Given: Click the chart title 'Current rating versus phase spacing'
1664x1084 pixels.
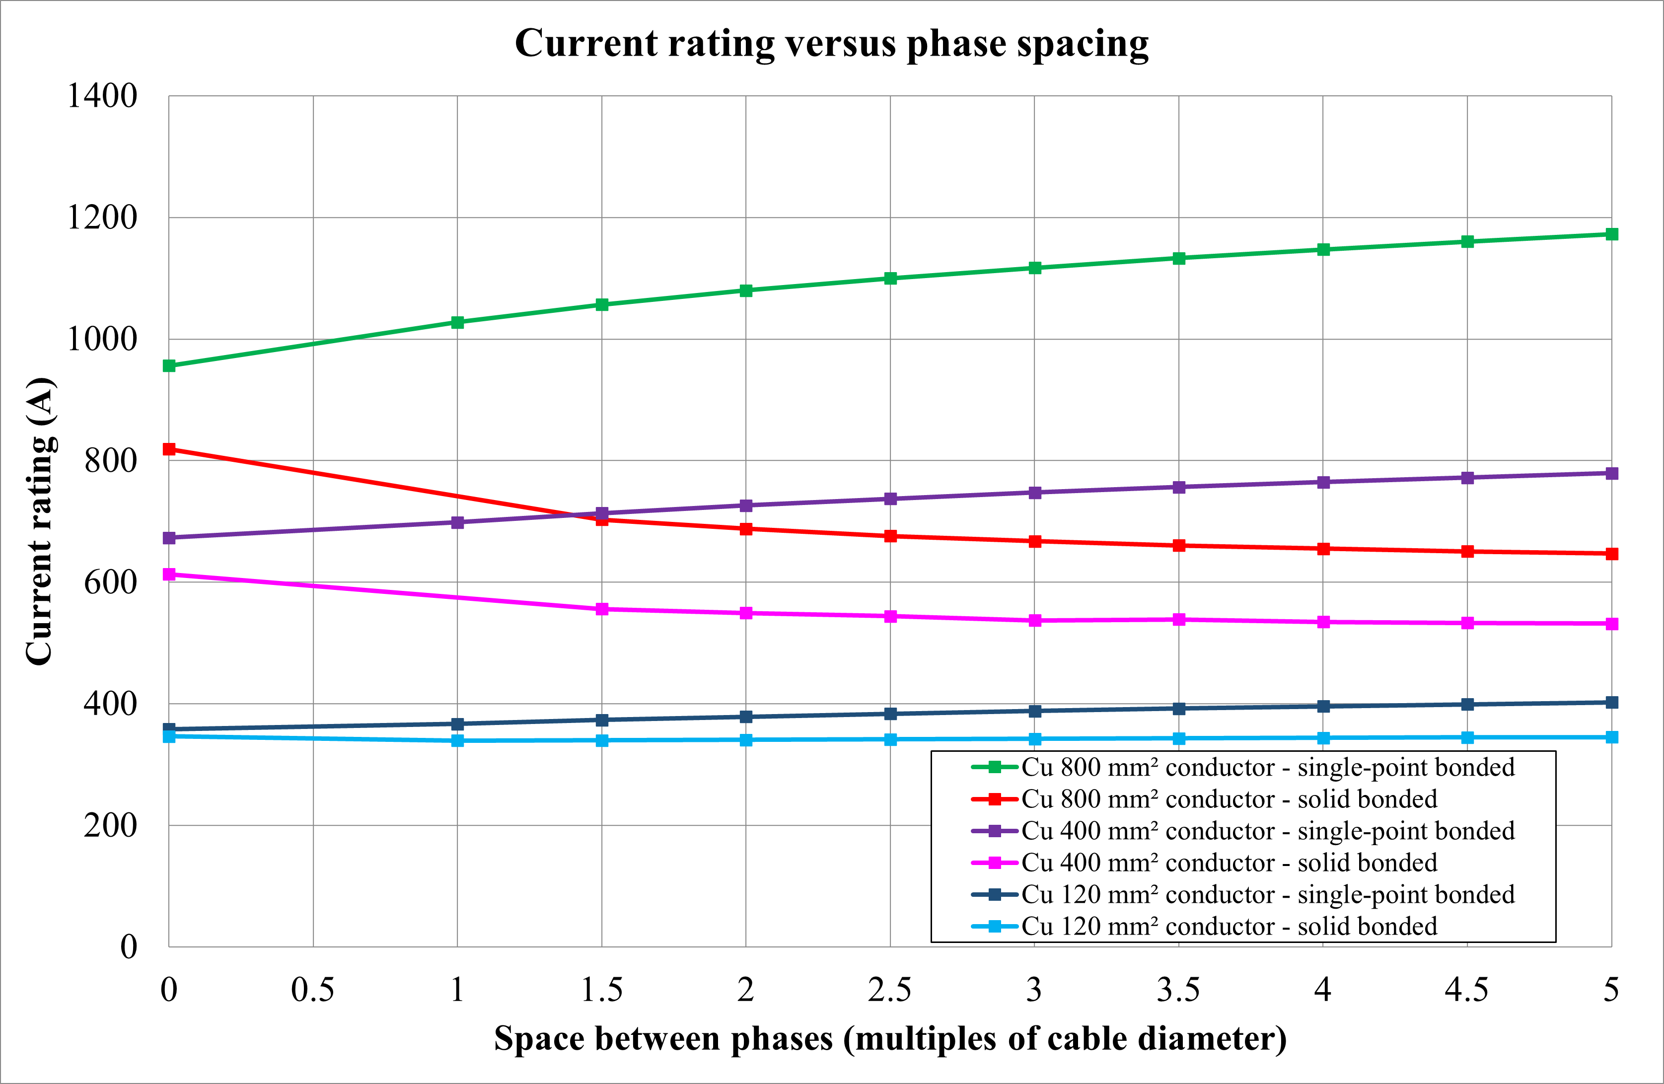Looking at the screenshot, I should click(831, 43).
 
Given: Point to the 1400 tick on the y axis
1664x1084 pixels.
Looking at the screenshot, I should click(102, 96).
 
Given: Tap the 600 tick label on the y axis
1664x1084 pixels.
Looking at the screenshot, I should click(110, 582).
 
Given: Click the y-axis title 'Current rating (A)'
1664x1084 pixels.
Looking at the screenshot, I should click(40, 521).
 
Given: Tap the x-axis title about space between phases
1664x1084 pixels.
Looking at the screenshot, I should click(890, 1038).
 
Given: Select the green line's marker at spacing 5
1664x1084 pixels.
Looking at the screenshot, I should click(1611, 234).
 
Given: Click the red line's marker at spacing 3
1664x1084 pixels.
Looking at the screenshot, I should click(1035, 541).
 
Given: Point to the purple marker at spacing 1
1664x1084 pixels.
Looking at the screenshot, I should click(457, 522).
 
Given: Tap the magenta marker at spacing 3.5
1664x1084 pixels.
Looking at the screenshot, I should click(1179, 620).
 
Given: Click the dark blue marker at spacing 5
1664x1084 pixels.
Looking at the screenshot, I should click(1611, 702).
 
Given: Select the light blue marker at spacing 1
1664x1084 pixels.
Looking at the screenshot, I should click(457, 740).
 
